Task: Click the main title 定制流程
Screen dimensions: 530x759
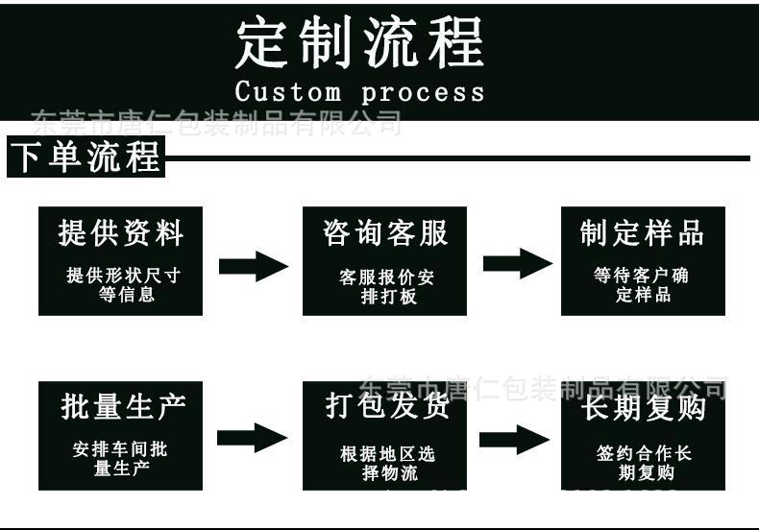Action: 359,43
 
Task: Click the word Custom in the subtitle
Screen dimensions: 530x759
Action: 287,93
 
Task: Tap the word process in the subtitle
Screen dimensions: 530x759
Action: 423,93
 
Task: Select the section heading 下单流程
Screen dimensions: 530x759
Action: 86,157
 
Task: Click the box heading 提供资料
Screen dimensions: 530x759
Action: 120,233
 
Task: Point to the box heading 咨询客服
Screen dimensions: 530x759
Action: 384,233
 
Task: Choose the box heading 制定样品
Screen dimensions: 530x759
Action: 642,233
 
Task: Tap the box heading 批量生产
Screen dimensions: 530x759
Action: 120,407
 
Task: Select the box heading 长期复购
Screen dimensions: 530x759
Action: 643,408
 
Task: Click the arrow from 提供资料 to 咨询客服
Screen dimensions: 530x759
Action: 253,266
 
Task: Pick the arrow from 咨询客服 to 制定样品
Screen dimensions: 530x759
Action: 517,264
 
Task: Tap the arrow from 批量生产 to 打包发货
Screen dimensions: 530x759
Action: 252,439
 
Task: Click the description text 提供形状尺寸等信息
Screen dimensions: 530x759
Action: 123,285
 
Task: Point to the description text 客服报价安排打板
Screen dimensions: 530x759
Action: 384,287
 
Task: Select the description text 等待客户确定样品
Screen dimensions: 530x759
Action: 642,285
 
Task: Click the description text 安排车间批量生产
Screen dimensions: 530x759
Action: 120,459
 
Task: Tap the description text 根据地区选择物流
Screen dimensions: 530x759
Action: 385,464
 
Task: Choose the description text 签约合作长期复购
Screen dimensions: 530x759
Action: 643,463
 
